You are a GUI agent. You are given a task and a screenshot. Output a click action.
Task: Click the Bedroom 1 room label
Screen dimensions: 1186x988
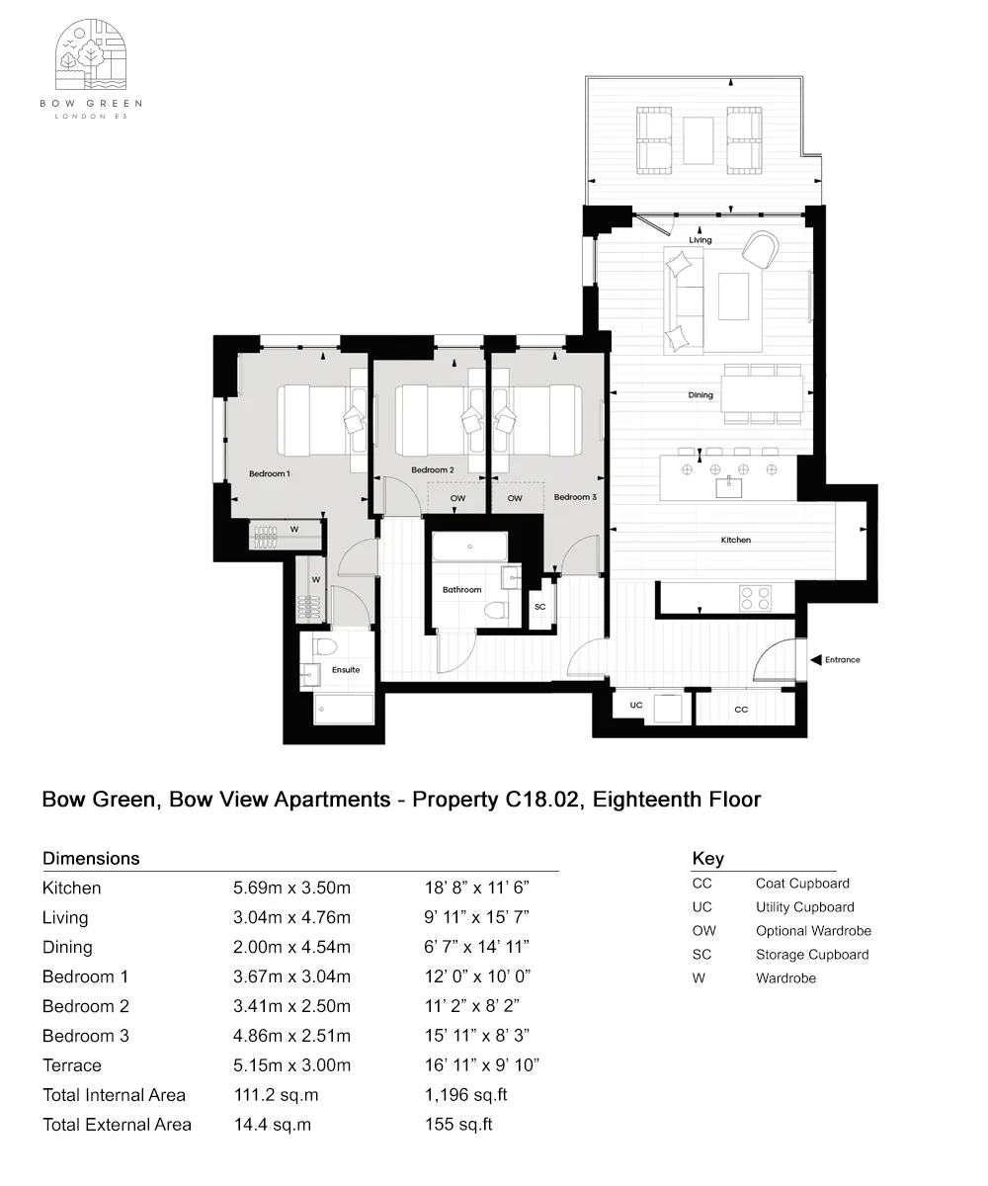coord(269,474)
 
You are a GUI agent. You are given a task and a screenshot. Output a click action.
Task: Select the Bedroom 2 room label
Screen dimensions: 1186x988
coord(433,469)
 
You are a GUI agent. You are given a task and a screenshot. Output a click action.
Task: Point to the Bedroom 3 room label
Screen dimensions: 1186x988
coord(575,497)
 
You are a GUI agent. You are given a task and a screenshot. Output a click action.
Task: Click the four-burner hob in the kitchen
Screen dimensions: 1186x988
coord(756,598)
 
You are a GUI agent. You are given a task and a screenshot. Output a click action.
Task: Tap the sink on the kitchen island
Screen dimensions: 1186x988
coord(729,485)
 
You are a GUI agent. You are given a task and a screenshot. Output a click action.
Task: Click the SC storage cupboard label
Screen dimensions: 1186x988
coord(539,607)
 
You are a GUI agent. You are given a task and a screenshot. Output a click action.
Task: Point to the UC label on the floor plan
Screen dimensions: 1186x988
coord(636,706)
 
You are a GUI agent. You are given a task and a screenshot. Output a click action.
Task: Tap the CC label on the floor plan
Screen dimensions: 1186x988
coord(741,710)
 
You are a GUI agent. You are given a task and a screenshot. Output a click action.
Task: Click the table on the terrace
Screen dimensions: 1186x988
coord(699,140)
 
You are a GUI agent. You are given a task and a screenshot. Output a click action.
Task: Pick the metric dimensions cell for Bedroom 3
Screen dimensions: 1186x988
coord(291,1036)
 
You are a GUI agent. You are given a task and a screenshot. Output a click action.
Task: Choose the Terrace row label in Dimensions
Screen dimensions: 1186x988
coord(72,1065)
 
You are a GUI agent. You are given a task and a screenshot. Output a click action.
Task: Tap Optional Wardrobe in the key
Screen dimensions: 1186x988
coord(813,931)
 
